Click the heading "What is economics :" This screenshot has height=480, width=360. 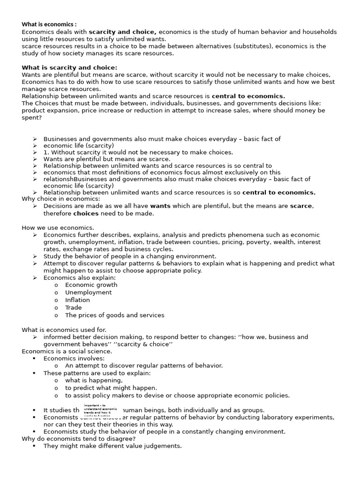[49, 24]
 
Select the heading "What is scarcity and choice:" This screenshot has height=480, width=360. [69, 67]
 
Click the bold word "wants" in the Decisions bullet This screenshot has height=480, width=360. [160, 206]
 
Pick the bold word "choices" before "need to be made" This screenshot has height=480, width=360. [86, 213]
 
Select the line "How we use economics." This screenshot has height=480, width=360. [58, 228]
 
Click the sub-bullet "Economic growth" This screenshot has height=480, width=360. [91, 285]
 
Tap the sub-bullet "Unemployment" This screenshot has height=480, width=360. [88, 292]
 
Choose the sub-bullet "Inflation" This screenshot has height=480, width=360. [77, 300]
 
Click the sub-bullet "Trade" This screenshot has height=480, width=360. [73, 307]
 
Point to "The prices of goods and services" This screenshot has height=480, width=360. [114, 315]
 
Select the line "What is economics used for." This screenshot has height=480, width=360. [64, 330]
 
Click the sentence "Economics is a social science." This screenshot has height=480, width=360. [67, 351]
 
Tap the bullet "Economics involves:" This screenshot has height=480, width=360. [74, 358]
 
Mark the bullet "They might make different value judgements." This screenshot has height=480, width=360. [112, 446]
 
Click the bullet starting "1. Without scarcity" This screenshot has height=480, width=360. [138, 152]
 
